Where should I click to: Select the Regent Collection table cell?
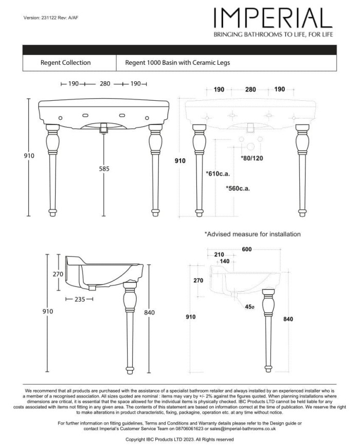(65, 63)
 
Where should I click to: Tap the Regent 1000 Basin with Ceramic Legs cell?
(177, 63)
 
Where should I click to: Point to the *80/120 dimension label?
(252, 158)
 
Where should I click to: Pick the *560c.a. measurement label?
(238, 189)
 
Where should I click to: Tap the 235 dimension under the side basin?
(79, 298)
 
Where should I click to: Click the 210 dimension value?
(218, 255)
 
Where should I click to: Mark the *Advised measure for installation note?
(253, 234)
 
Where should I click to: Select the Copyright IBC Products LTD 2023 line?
(179, 440)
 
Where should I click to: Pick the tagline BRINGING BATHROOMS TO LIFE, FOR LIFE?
(273, 34)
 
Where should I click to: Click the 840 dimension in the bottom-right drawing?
(288, 319)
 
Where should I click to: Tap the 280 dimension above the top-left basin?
(105, 83)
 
